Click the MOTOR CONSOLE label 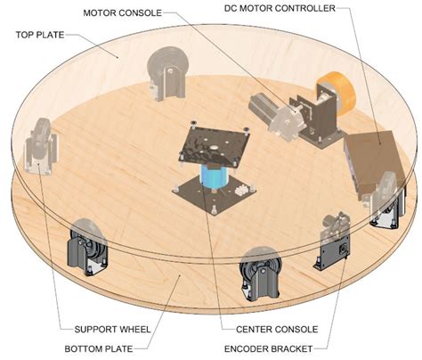point(122,13)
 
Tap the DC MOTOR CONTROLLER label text point(280,8)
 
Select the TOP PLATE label point(40,35)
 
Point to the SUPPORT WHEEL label point(112,330)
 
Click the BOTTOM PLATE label point(99,348)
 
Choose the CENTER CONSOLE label point(277,330)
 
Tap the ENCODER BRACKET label point(269,348)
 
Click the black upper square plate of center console point(215,143)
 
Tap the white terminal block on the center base point(242,190)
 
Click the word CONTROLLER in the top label point(305,8)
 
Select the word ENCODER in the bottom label point(245,348)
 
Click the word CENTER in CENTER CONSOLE point(254,330)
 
